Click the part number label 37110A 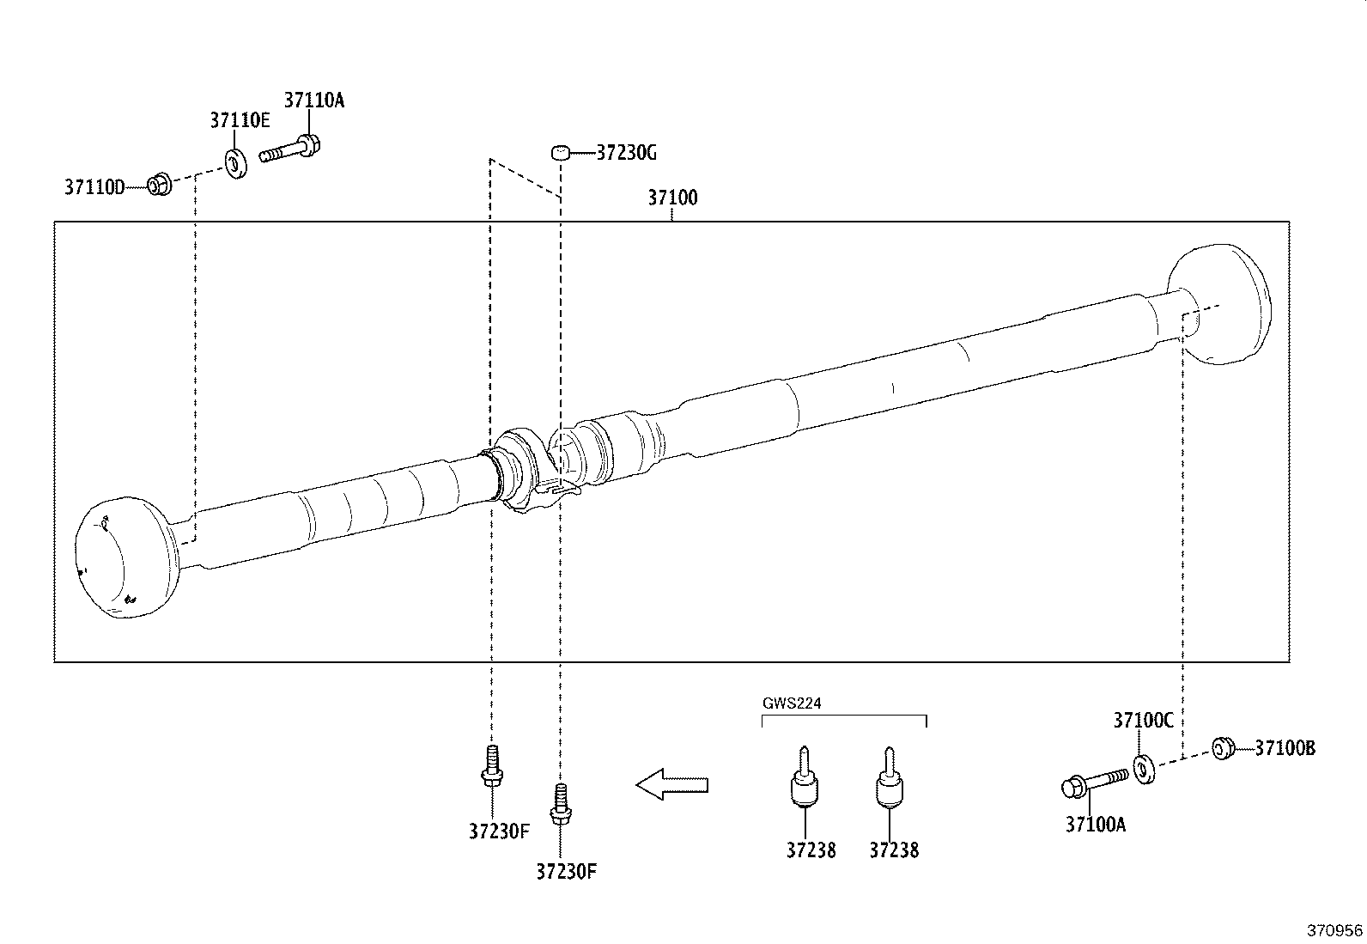tap(313, 100)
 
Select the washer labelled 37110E tap(234, 162)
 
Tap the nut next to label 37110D tap(158, 184)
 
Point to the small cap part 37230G tap(561, 153)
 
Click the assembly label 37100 tap(672, 198)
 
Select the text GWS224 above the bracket tap(792, 703)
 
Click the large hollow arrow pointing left tap(671, 784)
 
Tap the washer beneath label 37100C tap(1144, 768)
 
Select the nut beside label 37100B tap(1223, 748)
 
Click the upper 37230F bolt tap(491, 767)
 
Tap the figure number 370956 tap(1334, 930)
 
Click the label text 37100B tap(1285, 748)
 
